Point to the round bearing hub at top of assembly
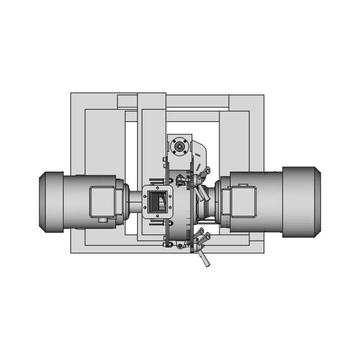[179, 146]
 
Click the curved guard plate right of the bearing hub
[199, 152]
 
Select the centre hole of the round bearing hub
[179, 146]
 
